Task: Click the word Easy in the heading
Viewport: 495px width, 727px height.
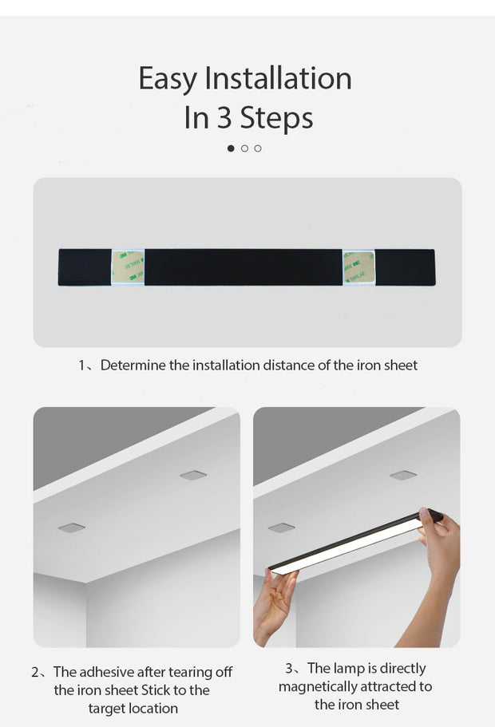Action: (x=168, y=79)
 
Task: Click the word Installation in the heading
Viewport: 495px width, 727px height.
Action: (x=278, y=79)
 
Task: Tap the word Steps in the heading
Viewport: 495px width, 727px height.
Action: (x=276, y=118)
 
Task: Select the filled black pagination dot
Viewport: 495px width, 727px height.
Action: (x=232, y=148)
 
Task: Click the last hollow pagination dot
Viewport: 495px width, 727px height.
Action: (x=258, y=148)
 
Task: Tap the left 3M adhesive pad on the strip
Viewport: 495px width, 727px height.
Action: (x=128, y=267)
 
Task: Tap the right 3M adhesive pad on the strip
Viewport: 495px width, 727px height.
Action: (x=358, y=267)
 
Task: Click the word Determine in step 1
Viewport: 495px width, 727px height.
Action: (x=133, y=365)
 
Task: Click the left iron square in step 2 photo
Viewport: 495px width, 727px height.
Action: (x=72, y=527)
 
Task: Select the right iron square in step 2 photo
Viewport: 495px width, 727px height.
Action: (x=193, y=475)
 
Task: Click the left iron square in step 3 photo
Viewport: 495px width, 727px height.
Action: (x=281, y=527)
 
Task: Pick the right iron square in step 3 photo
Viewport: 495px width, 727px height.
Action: (x=403, y=475)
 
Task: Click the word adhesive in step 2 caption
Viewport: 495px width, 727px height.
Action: (x=106, y=672)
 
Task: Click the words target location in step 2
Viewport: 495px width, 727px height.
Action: (x=133, y=709)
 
